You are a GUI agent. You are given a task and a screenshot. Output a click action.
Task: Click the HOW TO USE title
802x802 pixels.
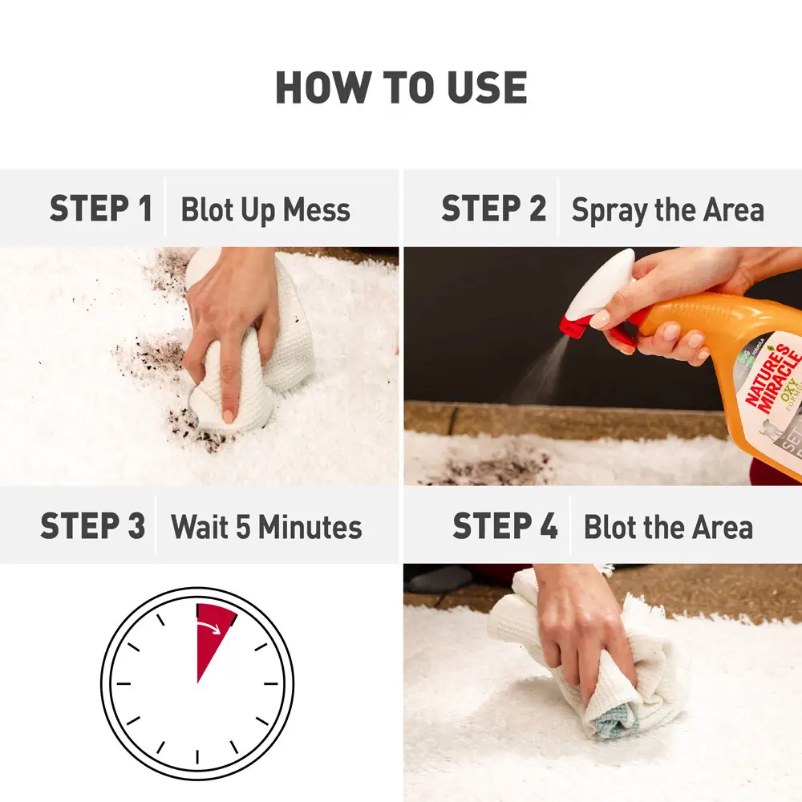pos(401,87)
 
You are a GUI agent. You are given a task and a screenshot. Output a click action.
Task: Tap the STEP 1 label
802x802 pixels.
pos(100,209)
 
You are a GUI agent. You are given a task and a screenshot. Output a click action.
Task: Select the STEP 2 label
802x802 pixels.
pos(493,209)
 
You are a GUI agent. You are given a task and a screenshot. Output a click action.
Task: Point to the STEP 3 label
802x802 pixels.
pos(92,526)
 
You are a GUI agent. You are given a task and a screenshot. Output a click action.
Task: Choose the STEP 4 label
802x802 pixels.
pos(504,526)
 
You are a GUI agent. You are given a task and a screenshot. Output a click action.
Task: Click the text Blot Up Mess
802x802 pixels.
pos(265,210)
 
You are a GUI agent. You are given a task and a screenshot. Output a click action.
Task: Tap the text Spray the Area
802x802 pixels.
pos(667,210)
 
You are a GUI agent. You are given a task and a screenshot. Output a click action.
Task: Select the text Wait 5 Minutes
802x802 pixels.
pos(266,528)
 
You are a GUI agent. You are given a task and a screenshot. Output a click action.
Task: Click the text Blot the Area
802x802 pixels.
pos(668,528)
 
